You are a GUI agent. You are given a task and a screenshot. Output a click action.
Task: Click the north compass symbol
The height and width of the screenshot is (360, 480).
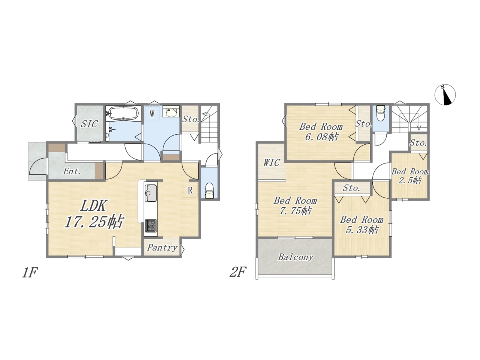coord(445,94)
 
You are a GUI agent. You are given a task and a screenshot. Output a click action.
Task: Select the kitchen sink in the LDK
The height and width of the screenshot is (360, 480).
coord(150,193)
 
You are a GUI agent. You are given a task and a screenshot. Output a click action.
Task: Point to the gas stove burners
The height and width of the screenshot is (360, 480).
coord(150,226)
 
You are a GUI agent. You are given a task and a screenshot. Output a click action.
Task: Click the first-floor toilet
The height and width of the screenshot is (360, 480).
coord(209,191)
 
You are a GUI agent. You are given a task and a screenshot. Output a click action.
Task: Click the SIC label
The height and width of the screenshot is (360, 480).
coord(89,124)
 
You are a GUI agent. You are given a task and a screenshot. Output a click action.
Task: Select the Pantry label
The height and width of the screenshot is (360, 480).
coord(162,248)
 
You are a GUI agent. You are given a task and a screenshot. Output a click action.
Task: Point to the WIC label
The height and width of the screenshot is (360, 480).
coord(271,163)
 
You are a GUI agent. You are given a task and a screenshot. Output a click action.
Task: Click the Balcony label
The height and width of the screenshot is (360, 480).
coord(295,257)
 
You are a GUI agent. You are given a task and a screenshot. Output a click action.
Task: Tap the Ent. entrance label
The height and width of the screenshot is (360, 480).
coord(72,172)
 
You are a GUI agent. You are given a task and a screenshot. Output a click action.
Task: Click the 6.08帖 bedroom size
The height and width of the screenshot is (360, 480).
coord(322,137)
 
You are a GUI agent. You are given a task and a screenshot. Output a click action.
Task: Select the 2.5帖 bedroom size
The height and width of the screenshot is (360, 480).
coord(409,180)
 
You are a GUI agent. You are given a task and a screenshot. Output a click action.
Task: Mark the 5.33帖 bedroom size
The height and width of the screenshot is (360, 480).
coord(362,230)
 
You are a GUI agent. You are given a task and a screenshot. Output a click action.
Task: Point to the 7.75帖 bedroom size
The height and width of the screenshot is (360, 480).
coord(295,211)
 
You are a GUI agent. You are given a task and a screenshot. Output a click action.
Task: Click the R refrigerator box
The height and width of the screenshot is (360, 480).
coord(190,190)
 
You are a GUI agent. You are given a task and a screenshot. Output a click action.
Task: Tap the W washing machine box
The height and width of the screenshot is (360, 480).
coord(152,113)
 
